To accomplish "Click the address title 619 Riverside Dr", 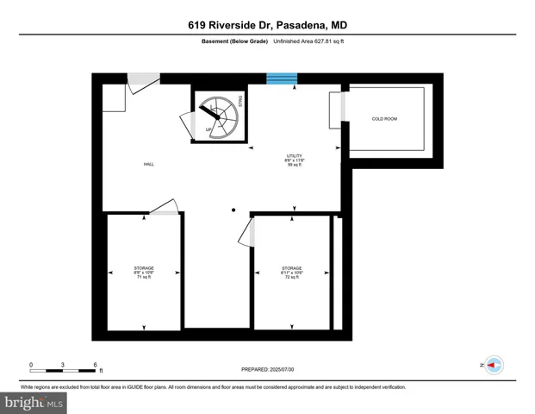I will (267, 25).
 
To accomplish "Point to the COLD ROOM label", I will (384, 119).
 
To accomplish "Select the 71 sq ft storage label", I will (144, 273).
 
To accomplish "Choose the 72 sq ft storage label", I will (291, 273).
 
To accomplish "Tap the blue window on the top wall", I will (282, 78).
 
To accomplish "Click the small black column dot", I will (233, 210).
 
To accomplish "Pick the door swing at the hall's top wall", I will (143, 85).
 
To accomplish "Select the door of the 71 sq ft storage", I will (164, 207).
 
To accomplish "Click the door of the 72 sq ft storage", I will (252, 232).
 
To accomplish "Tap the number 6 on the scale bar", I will (94, 365).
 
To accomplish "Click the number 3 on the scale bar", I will (62, 365).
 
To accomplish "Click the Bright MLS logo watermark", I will (34, 402).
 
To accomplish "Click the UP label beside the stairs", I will (208, 130).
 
